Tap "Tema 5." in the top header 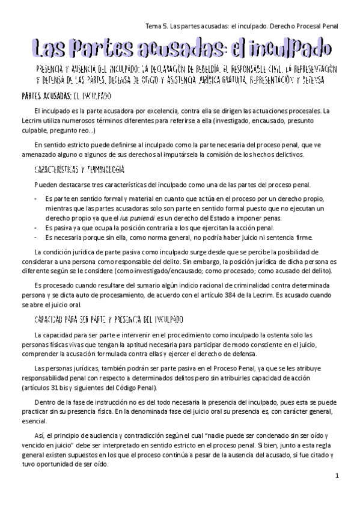[x=157, y=26]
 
